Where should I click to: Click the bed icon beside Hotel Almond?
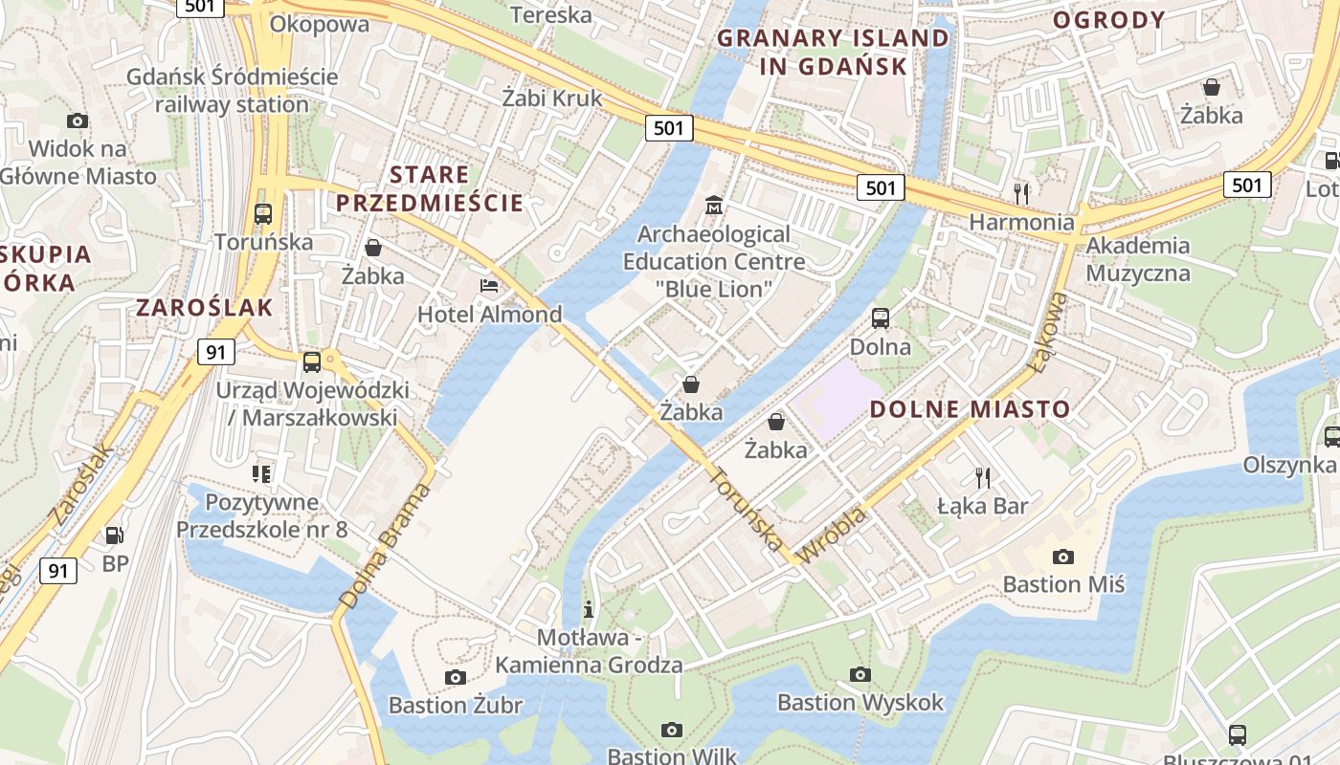point(489,286)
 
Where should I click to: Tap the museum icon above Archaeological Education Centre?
point(713,205)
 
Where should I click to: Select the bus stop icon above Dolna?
point(881,318)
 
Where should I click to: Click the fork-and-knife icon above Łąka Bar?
point(982,477)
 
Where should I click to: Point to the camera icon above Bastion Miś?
point(1062,557)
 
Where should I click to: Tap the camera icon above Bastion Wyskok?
point(860,674)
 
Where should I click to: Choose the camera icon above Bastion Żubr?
point(456,677)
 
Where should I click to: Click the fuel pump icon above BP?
point(115,535)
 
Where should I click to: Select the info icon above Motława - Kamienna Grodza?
point(589,609)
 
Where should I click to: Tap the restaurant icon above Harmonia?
point(1021,194)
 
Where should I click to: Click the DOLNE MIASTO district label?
point(970,409)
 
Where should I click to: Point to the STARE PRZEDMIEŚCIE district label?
point(430,188)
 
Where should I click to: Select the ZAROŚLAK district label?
point(205,307)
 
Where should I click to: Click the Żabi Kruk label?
point(552,98)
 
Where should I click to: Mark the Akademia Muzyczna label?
point(1138,259)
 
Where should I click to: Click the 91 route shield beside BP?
point(58,571)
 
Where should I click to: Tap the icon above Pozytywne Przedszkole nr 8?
point(261,473)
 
